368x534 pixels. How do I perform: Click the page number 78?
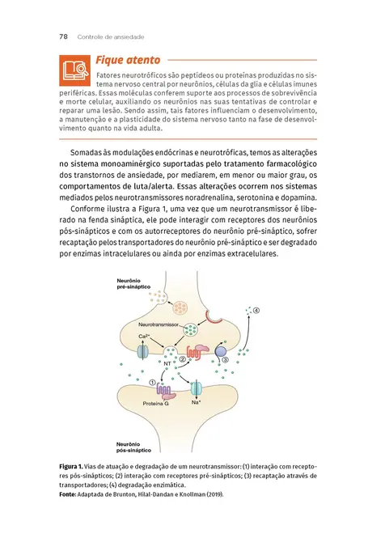[63, 36]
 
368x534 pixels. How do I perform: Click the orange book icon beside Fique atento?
[74, 68]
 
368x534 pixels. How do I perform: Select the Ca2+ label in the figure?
[142, 336]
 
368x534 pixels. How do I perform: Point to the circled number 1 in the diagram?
[153, 383]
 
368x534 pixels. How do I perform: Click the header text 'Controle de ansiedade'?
[110, 36]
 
